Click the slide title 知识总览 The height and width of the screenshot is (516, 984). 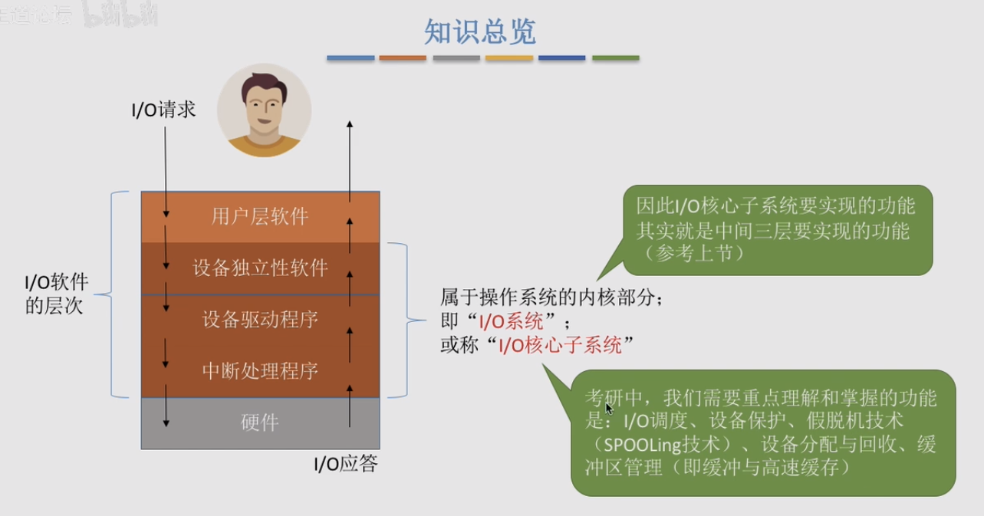coord(480,32)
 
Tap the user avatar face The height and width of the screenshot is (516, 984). coord(264,106)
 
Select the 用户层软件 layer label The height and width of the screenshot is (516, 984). coord(260,217)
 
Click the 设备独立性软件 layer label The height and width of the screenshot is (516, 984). coord(260,268)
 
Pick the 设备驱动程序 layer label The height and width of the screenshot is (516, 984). coord(260,319)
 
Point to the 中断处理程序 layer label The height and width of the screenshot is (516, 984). coord(260,371)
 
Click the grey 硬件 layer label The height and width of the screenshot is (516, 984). coord(260,422)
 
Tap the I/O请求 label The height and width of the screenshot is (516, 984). coord(163,110)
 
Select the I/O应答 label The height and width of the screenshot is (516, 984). coord(345,464)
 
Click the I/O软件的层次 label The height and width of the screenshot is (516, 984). coord(57,294)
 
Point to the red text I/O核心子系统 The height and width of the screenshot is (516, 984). coord(560,346)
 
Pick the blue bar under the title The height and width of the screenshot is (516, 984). coord(350,58)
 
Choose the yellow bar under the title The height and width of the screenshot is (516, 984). coord(509,58)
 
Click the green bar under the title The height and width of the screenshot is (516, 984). coord(615,58)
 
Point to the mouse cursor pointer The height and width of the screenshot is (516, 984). coord(609,409)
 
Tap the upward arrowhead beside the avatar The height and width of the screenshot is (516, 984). coord(350,124)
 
